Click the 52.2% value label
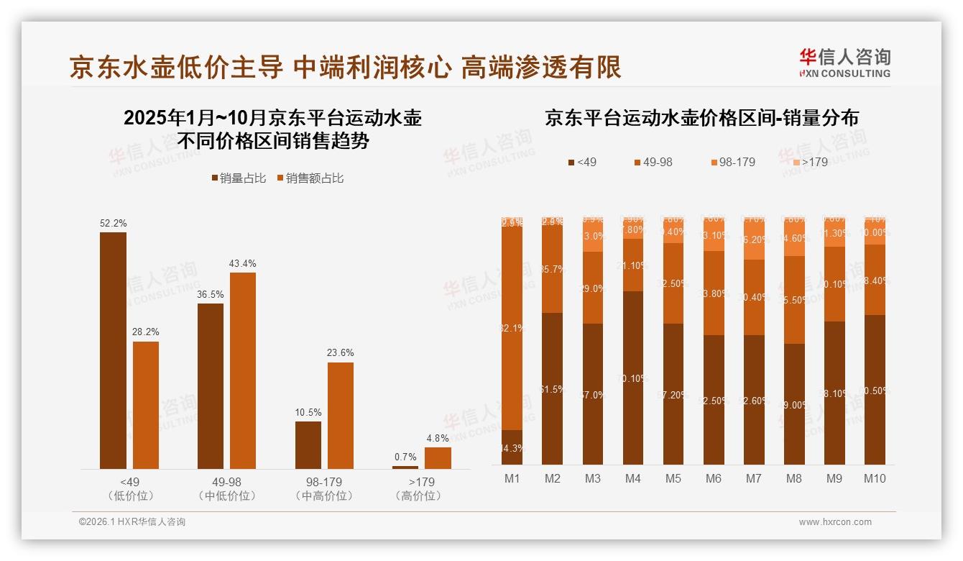pos(114,224)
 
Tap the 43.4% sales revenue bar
pos(243,370)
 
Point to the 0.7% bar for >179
pos(405,467)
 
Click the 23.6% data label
pos(341,353)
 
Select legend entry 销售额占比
pos(310,178)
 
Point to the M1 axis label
pos(512,478)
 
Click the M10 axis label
pos(875,478)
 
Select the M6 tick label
pos(714,478)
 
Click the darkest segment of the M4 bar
pos(633,378)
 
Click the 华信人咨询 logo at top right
pos(844,63)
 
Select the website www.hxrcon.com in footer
pos(834,522)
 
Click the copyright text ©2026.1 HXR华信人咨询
pos(132,522)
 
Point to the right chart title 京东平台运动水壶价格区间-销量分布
pos(701,118)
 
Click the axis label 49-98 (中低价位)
pos(226,488)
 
